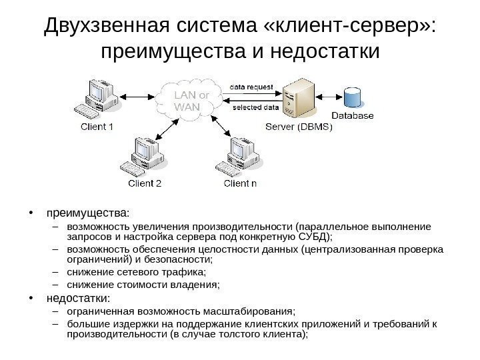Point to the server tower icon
pyautogui.click(x=298, y=99)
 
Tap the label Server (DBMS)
pyautogui.click(x=298, y=127)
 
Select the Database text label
pyautogui.click(x=353, y=116)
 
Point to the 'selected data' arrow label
pyautogui.click(x=255, y=107)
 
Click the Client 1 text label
pyautogui.click(x=97, y=127)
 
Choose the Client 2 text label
pyautogui.click(x=145, y=183)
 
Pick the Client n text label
pyautogui.click(x=240, y=183)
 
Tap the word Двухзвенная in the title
pyautogui.click(x=107, y=26)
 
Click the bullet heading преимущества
pyautogui.click(x=87, y=213)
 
